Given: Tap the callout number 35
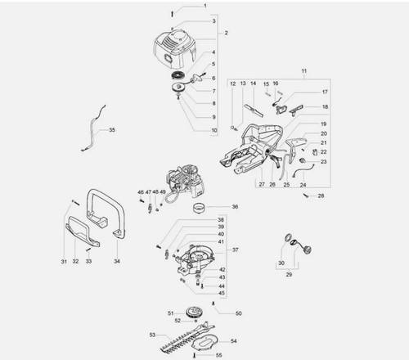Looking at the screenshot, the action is coord(112,130).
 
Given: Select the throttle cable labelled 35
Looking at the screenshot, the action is coord(93,128).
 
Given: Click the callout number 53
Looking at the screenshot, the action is coord(152,335).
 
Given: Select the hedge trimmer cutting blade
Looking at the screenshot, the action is coord(187,338).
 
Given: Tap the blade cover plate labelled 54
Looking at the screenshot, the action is coord(205,342).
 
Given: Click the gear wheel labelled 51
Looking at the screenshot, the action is coord(195,313).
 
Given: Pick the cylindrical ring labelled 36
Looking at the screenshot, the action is coord(200,209).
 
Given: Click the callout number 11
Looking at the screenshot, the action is coord(304,71).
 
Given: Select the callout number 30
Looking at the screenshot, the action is coord(281,263).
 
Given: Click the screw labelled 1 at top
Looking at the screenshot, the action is coord(172,14).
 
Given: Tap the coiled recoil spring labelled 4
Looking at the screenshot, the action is coord(178,75).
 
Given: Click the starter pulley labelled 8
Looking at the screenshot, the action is coord(179,88).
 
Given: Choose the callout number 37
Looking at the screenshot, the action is coord(236,250).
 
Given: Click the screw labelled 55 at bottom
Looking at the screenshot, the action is coord(195,355).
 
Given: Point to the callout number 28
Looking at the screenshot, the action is coord(321,196).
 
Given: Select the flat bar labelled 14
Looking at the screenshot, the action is coord(254,110).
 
